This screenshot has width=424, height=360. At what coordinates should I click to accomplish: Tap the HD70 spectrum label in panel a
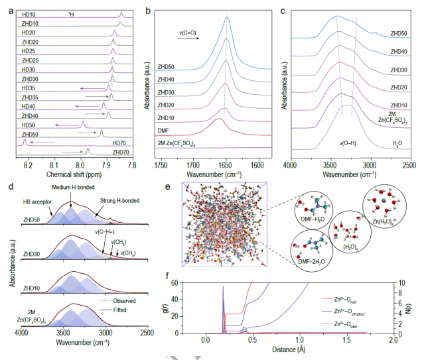click(x=120, y=143)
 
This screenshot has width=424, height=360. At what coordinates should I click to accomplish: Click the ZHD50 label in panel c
click(x=399, y=32)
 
